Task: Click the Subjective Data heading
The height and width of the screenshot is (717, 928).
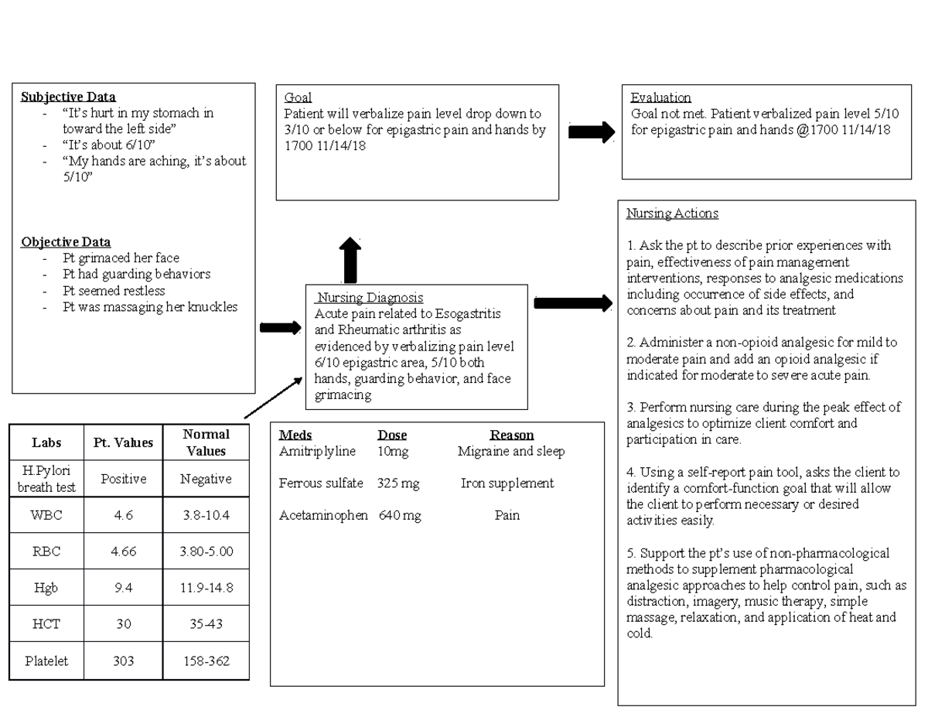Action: [x=68, y=97]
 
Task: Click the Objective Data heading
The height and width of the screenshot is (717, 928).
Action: [x=66, y=241]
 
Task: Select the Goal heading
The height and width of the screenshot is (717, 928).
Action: [x=298, y=97]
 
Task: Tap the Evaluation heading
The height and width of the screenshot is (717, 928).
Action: [x=660, y=97]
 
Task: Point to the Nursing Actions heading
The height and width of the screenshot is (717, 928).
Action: [x=673, y=213]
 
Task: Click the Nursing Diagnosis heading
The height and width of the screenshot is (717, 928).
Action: [x=370, y=297]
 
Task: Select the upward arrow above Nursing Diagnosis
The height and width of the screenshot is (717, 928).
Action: [x=350, y=259]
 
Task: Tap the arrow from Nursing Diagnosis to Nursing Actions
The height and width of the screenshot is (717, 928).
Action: [x=572, y=302]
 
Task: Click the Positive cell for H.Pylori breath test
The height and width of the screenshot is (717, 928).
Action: [x=125, y=479]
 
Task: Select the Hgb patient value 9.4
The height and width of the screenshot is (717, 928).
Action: [x=124, y=588]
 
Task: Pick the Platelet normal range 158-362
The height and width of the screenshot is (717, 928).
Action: [x=206, y=661]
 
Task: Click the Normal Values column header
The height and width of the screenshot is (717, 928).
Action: [x=206, y=442]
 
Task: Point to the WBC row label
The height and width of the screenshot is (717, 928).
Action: [x=46, y=515]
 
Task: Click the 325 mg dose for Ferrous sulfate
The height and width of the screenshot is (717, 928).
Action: [x=398, y=483]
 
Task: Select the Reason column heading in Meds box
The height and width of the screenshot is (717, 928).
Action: [x=511, y=435]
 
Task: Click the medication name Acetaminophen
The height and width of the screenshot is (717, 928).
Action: [x=323, y=515]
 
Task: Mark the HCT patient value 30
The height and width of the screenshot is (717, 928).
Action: [x=124, y=624]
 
